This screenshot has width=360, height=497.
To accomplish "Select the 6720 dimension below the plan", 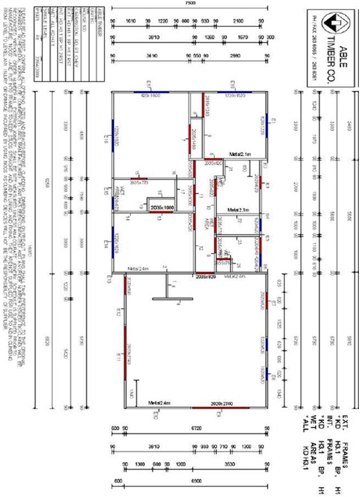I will click(x=196, y=427).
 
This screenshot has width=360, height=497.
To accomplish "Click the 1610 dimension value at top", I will click(x=130, y=20).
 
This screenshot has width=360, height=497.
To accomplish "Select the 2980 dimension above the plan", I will click(x=235, y=56).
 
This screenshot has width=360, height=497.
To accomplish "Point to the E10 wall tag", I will click(x=232, y=84).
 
